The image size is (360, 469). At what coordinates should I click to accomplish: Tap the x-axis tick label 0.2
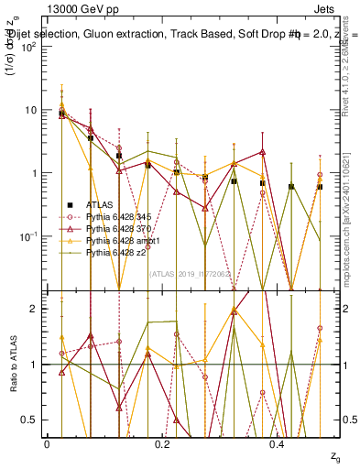(161, 444)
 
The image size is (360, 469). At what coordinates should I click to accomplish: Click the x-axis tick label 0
(46, 444)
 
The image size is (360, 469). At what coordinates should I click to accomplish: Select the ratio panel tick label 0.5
(30, 420)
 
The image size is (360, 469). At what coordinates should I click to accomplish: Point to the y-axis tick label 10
(30, 110)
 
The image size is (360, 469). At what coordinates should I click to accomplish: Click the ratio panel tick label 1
(34, 365)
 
